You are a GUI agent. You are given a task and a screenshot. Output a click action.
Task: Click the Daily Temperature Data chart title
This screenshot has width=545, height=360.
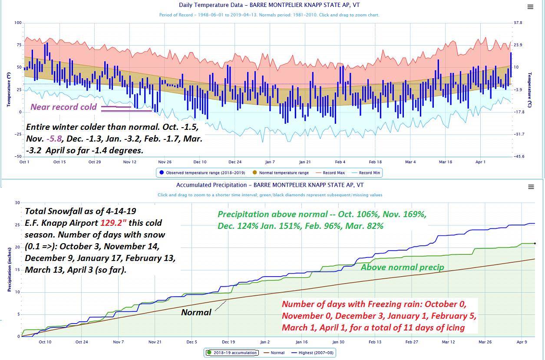coord(269,5)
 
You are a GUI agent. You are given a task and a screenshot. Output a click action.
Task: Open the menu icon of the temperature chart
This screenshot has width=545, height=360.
coord(530,7)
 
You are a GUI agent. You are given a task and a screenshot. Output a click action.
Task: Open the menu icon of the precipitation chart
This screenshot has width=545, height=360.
coord(531,187)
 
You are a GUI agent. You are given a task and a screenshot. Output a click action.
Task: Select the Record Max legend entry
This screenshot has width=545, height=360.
coord(334,173)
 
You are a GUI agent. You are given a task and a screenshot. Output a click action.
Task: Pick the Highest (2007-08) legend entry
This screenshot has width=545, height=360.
coord(314,353)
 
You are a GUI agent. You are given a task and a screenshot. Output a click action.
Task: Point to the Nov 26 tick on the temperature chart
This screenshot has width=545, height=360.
coord(165,162)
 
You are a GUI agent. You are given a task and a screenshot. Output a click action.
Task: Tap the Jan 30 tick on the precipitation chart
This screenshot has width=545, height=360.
coord(338,342)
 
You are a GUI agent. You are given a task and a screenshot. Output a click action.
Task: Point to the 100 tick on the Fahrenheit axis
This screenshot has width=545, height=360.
coord(18,23)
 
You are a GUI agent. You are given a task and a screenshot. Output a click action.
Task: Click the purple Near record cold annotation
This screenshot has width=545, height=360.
coord(63,107)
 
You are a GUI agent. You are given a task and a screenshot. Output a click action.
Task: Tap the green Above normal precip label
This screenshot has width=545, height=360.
coord(402,268)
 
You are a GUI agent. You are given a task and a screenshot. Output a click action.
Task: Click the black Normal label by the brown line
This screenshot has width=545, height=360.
coord(196,312)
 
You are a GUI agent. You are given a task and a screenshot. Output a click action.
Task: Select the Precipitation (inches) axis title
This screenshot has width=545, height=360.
coord(9,269)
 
